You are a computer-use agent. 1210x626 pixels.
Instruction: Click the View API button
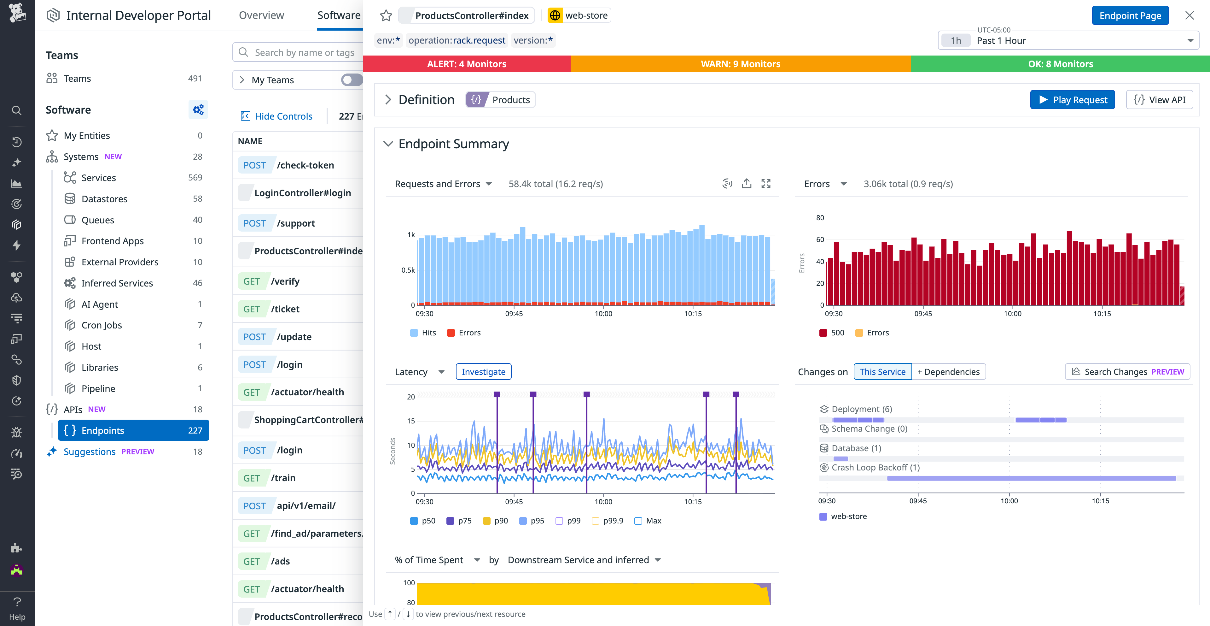pos(1159,100)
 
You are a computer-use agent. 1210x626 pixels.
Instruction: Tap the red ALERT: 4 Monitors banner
pos(466,64)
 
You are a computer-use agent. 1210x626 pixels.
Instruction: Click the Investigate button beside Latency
pos(483,372)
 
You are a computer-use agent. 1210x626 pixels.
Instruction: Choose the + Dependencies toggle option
pos(948,372)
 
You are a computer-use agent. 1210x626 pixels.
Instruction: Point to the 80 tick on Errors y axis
pos(820,218)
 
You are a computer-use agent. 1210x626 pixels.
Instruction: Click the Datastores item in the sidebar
pos(104,199)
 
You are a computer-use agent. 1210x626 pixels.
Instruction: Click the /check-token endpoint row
pos(298,165)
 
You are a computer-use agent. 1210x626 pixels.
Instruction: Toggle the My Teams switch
pos(351,80)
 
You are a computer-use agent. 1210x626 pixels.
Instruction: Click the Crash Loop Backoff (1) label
pos(875,468)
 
